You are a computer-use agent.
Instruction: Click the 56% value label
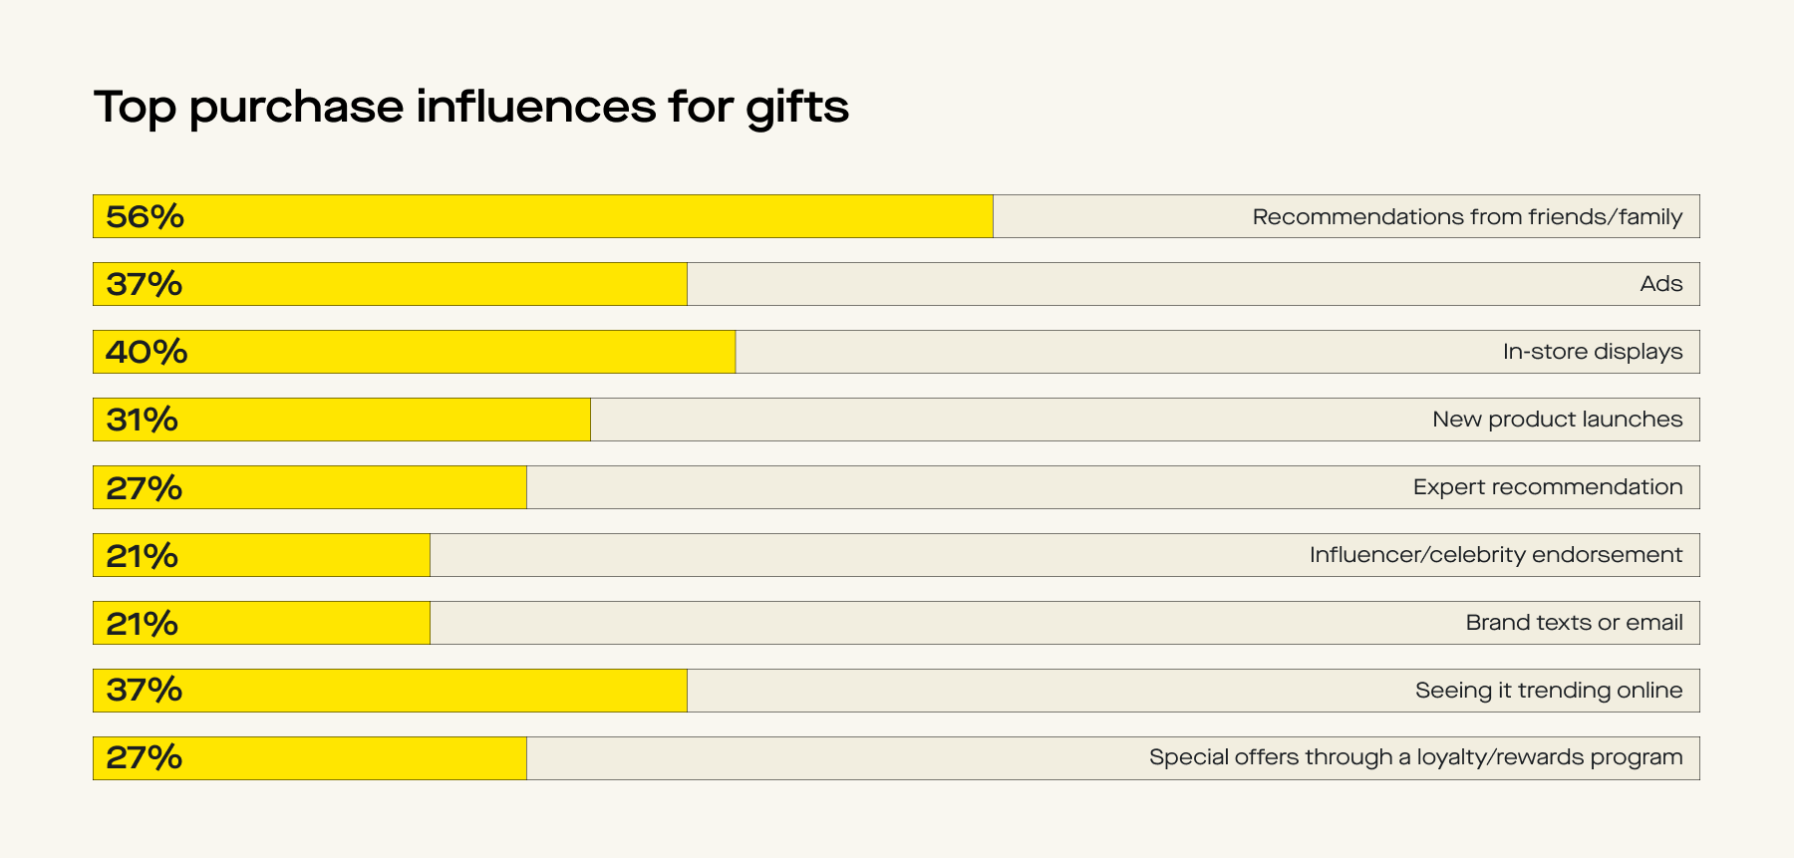click(145, 216)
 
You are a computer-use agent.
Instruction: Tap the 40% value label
click(147, 352)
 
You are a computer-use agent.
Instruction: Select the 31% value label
click(143, 420)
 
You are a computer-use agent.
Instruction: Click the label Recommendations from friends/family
click(1466, 216)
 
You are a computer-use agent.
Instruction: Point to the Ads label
click(1660, 284)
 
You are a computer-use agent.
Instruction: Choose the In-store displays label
click(1592, 352)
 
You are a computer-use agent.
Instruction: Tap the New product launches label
click(1557, 420)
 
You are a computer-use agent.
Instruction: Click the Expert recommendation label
click(1547, 487)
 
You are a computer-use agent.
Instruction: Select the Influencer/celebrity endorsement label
click(1495, 555)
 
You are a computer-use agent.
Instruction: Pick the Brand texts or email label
click(1574, 623)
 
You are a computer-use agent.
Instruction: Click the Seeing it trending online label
click(1548, 691)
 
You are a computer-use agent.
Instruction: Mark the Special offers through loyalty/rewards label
click(1415, 757)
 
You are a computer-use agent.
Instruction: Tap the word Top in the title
click(135, 108)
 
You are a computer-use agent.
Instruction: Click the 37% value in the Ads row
click(145, 284)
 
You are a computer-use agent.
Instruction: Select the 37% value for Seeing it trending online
click(145, 691)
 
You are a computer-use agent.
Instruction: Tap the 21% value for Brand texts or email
click(143, 624)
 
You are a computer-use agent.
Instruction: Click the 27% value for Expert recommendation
click(145, 488)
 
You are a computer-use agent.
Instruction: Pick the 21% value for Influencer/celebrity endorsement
click(143, 556)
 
